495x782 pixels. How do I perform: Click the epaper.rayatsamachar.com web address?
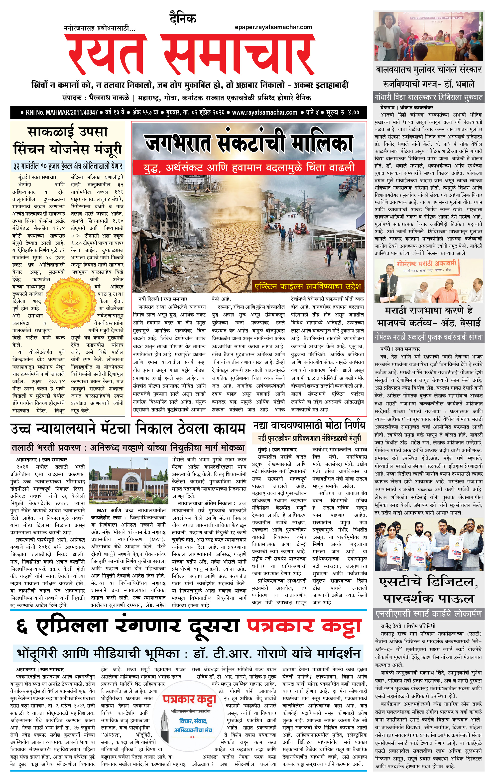click(273, 27)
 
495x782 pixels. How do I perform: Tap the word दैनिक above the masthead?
click(183, 19)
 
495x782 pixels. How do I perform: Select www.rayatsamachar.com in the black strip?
click(264, 112)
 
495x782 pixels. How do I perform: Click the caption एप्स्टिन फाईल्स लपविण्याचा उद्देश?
click(308, 286)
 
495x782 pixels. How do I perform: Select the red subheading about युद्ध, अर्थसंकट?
click(249, 168)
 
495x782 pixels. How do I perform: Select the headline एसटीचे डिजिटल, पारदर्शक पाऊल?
click(428, 590)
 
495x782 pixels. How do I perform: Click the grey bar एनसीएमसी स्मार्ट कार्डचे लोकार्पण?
click(428, 614)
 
